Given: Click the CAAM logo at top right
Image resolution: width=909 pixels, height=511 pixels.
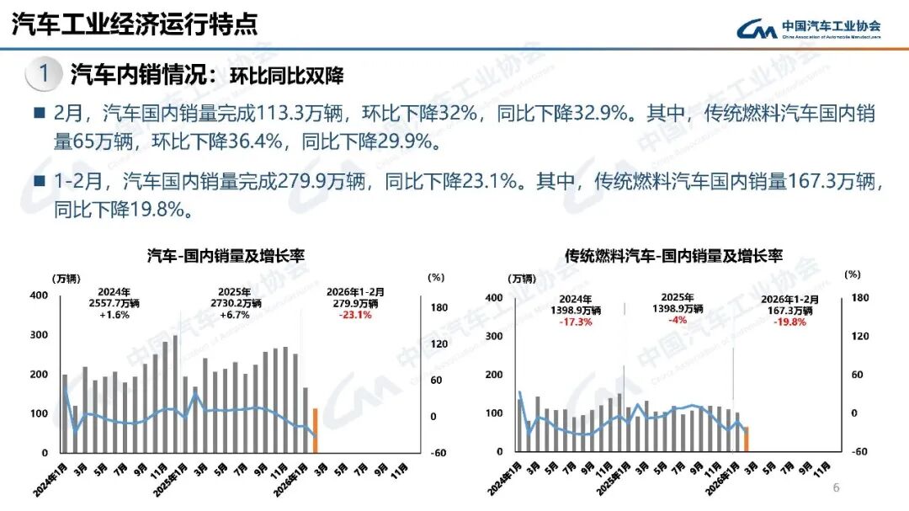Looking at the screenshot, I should tap(808, 28).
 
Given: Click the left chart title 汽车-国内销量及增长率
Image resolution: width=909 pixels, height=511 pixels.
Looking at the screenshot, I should tap(226, 255).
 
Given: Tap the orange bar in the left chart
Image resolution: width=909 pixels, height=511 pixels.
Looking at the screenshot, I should tap(315, 430).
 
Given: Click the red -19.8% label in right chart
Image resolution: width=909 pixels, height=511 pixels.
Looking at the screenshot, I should tap(789, 321).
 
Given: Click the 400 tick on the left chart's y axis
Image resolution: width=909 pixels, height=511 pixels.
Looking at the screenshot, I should tap(39, 295).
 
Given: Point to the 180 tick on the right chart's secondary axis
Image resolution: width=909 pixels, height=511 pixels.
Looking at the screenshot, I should tap(859, 297).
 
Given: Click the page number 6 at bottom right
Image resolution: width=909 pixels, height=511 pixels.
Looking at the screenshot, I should tap(836, 488).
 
